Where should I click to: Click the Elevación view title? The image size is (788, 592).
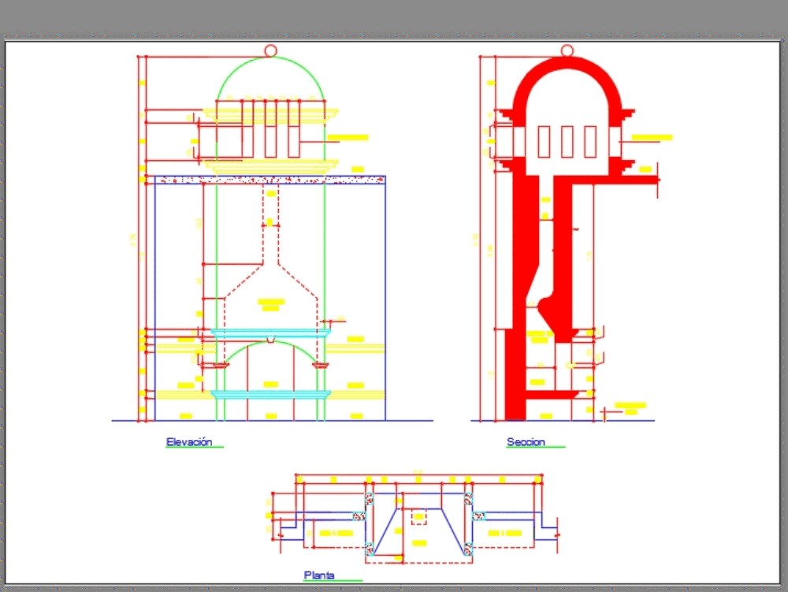click(x=189, y=442)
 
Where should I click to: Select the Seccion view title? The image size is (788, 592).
click(x=526, y=442)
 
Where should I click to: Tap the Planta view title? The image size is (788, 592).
click(x=319, y=575)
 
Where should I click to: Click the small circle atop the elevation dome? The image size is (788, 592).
click(x=270, y=50)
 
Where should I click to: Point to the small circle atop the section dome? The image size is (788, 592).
click(x=567, y=50)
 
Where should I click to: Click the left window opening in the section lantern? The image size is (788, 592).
click(x=544, y=142)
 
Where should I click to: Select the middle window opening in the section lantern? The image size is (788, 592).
click(x=567, y=142)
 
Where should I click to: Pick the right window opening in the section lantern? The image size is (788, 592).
click(x=590, y=142)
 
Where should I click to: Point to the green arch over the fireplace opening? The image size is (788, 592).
click(x=270, y=344)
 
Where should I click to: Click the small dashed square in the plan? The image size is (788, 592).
click(x=419, y=517)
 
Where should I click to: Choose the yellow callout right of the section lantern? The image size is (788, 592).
click(x=652, y=138)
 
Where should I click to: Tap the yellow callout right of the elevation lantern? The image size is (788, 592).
click(x=348, y=138)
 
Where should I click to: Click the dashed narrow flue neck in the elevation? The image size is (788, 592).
click(x=270, y=244)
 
